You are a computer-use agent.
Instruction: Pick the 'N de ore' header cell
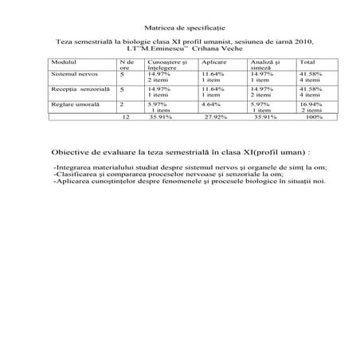(x=125, y=64)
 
